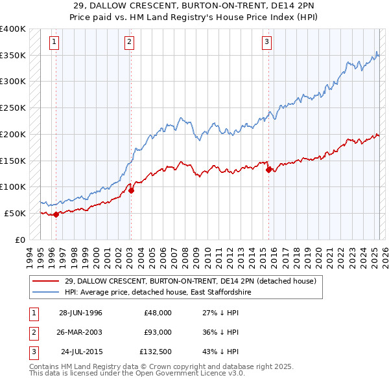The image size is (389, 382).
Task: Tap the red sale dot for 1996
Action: coord(56,214)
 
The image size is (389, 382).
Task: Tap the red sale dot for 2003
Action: coord(131,190)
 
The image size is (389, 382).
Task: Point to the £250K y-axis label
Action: coord(13,107)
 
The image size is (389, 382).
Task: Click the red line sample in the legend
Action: coord(45,281)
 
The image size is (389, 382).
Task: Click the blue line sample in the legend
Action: coord(45,293)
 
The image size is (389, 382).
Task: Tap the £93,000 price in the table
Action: coord(158,332)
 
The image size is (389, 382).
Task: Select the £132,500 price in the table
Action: coord(156,352)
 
